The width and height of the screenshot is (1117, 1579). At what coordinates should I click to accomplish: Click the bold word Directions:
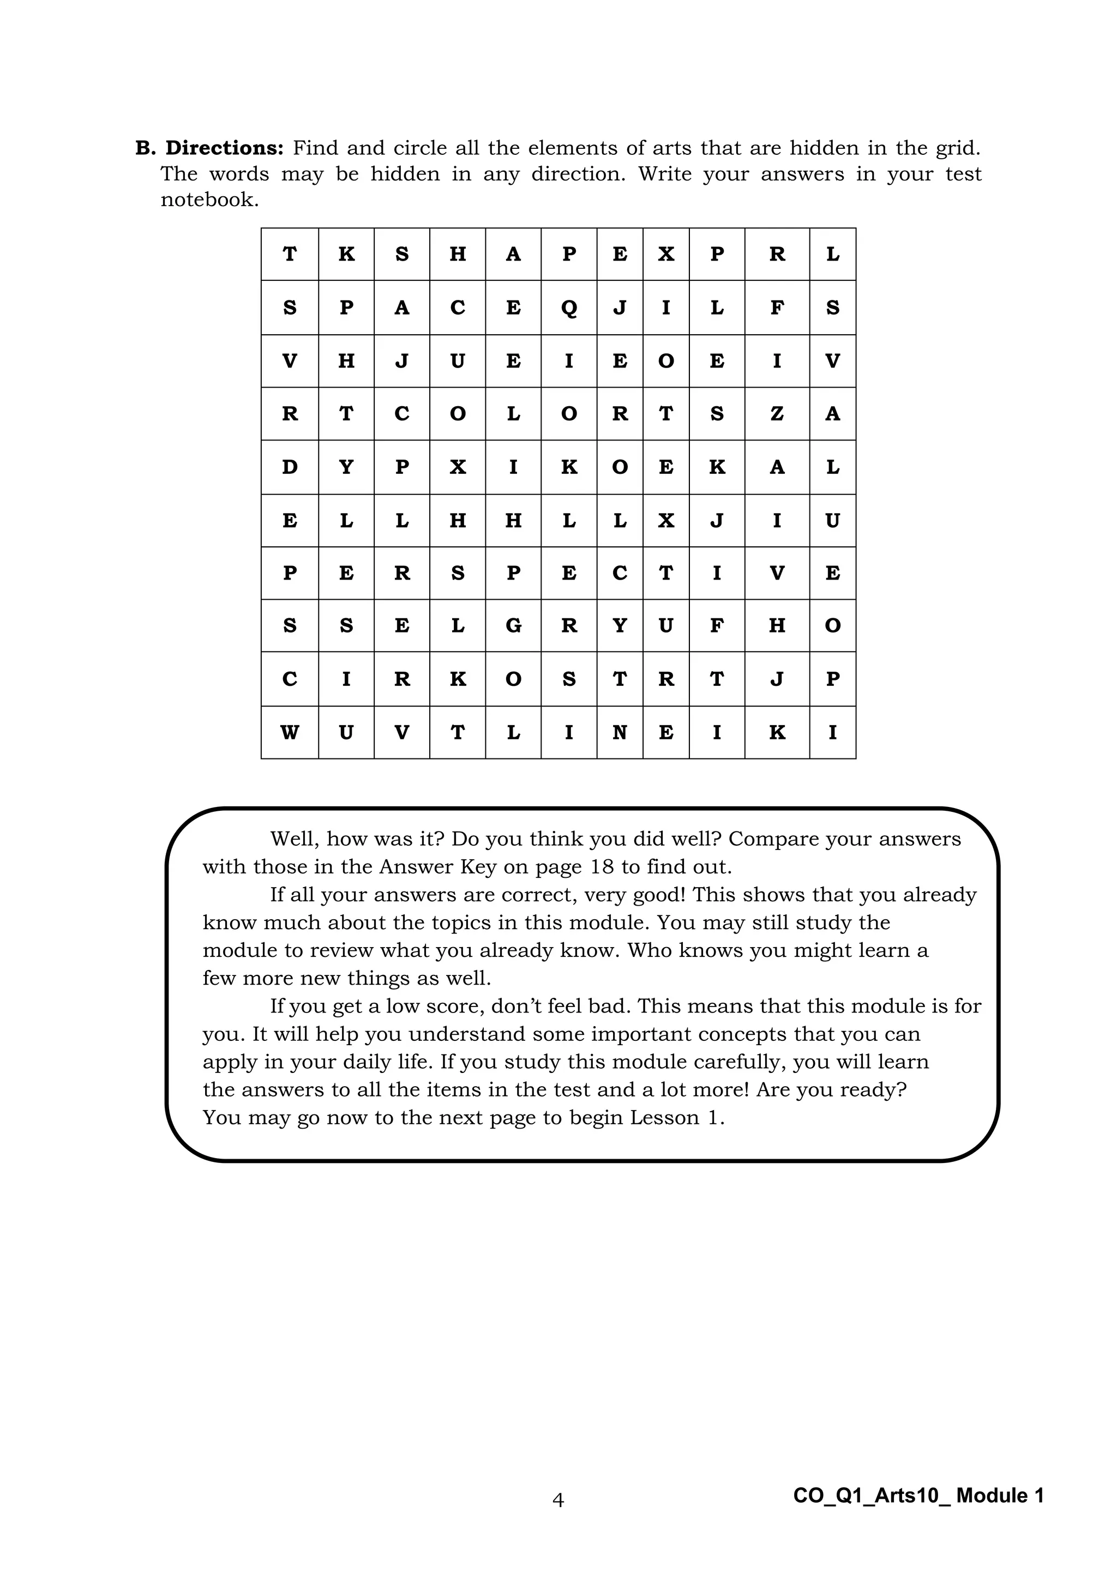tap(224, 148)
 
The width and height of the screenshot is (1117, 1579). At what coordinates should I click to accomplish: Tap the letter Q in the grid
tap(569, 308)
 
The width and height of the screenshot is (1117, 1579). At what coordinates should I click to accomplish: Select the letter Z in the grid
tap(777, 413)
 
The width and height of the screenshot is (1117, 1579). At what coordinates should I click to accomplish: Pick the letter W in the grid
tap(290, 732)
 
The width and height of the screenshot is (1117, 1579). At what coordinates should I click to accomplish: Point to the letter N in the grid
tap(619, 732)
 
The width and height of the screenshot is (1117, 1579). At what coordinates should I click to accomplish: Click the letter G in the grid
tap(513, 625)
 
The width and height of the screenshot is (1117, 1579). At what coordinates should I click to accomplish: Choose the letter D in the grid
tap(290, 467)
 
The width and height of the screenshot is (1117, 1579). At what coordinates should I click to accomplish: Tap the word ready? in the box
tap(874, 1089)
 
